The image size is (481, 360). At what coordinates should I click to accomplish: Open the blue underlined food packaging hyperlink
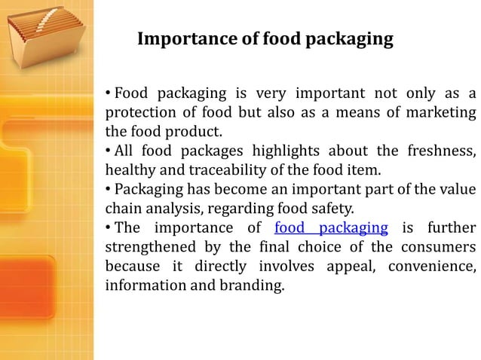point(332,228)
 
